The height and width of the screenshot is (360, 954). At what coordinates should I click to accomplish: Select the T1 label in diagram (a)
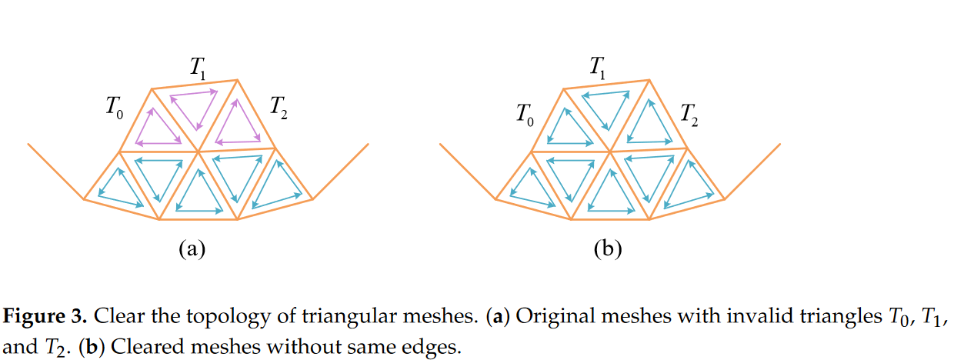pos(197,68)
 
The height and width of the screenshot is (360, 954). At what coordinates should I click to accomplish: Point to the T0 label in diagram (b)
pos(526,115)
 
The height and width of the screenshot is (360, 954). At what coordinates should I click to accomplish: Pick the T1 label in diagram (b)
pos(598,68)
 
